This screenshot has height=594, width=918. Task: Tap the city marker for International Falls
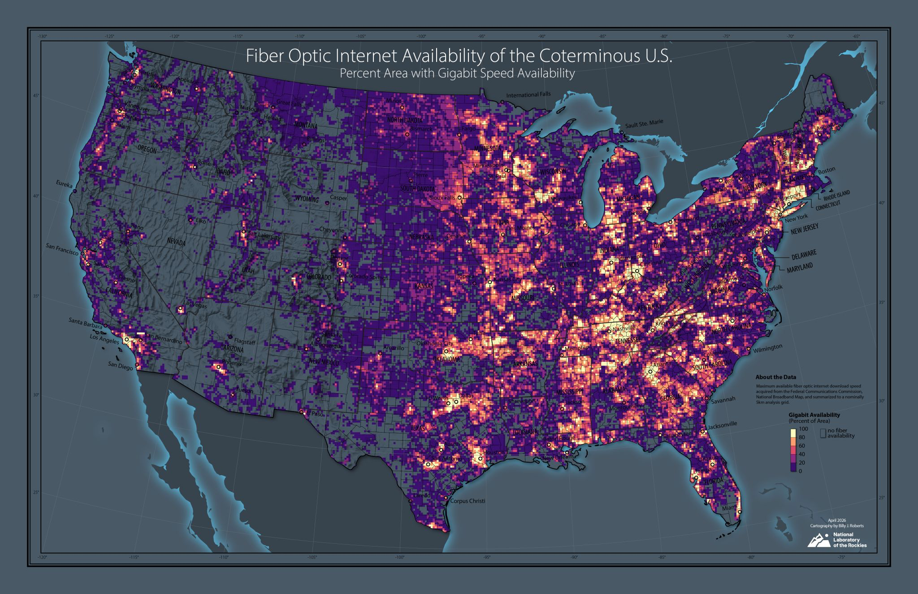[x=502, y=102]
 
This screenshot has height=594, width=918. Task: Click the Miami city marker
[x=740, y=512]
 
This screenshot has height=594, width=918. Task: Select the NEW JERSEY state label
[x=804, y=229]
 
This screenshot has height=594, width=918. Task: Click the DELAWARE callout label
[x=804, y=254]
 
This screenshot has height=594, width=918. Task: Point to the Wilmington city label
[x=767, y=347]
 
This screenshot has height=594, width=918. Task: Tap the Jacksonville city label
[x=722, y=424]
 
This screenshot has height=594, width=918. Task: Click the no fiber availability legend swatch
[x=823, y=434]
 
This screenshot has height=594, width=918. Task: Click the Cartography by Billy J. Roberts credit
[x=837, y=525]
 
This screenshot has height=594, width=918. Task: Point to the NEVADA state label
[x=176, y=242]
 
